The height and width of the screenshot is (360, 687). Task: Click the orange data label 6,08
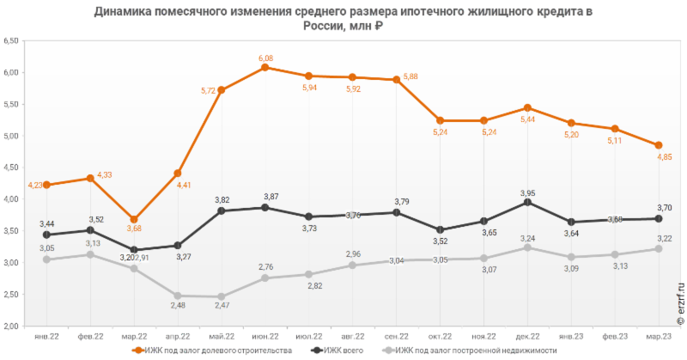click(265, 58)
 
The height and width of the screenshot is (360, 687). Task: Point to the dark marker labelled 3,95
click(527, 202)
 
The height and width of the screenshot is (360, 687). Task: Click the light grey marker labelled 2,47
click(222, 296)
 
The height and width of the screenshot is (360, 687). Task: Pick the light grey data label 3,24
click(528, 238)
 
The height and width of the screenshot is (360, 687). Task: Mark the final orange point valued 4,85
click(659, 145)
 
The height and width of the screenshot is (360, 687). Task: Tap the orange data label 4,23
click(36, 185)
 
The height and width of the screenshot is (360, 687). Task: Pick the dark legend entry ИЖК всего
click(336, 351)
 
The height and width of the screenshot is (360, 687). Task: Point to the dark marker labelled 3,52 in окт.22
click(441, 229)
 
